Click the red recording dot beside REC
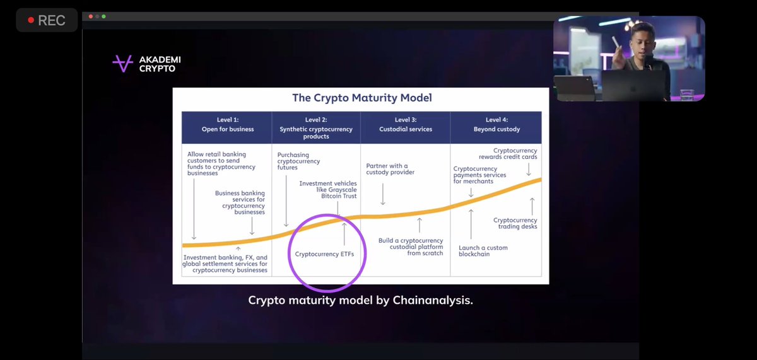(x=31, y=20)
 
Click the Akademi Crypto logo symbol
(x=122, y=64)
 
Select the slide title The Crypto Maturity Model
(x=362, y=98)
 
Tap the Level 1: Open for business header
(x=228, y=124)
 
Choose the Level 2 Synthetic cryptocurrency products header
(x=316, y=128)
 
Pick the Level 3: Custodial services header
(x=406, y=124)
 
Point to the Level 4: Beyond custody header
(x=496, y=124)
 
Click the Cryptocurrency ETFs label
(x=324, y=254)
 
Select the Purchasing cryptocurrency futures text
(x=298, y=161)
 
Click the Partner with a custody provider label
(x=390, y=169)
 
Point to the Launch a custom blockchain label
(x=483, y=250)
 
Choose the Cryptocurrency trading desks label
(x=515, y=223)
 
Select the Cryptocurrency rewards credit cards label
(x=508, y=154)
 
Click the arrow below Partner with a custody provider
(x=383, y=194)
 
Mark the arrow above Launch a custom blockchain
(x=471, y=224)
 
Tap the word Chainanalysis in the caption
(x=432, y=300)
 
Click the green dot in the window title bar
(x=103, y=16)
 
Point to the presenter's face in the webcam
(x=642, y=42)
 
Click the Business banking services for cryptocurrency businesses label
(x=240, y=202)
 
